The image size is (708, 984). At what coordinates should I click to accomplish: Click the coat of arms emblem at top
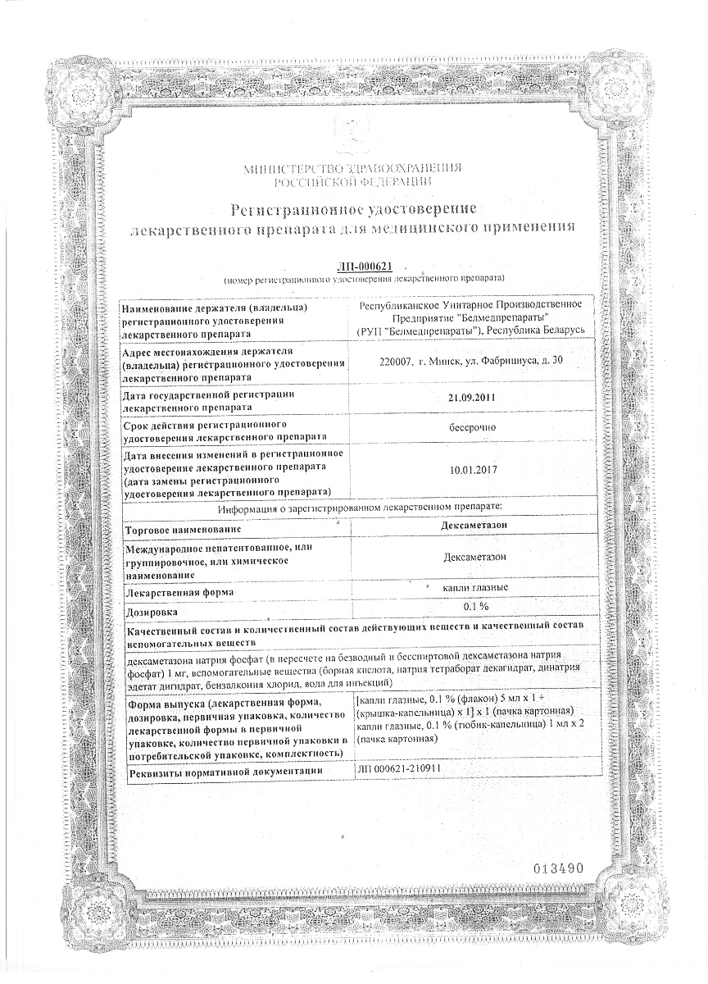pyautogui.click(x=352, y=137)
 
